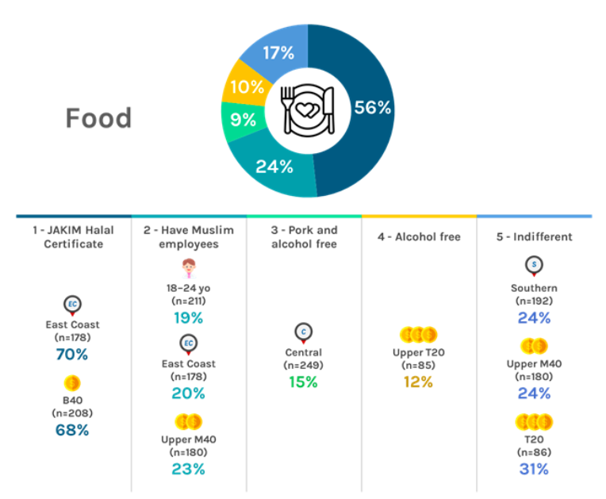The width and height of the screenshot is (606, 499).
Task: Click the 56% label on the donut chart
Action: coord(373,108)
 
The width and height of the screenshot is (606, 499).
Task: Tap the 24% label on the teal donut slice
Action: coord(274,167)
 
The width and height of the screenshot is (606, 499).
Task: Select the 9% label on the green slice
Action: coord(243,120)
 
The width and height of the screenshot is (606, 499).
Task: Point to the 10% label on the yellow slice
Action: coord(246,86)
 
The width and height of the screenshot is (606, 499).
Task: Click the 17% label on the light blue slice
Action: coord(278,54)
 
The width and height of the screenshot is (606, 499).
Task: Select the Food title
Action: coord(98,118)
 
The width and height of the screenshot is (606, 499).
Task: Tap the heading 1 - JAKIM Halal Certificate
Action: coord(74,237)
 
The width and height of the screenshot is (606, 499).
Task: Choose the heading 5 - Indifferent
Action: coord(534,236)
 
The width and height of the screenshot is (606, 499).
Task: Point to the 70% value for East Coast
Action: coord(71,355)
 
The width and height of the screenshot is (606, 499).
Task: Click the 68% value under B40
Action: coord(71,431)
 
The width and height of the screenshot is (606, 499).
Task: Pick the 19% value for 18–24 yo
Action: coord(189,318)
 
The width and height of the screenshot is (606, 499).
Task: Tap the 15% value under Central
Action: coord(303,382)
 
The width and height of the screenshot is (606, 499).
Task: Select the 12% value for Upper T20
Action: coord(418,382)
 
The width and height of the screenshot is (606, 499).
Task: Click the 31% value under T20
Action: coord(534,469)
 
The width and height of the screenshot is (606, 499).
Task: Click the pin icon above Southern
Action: coord(534,266)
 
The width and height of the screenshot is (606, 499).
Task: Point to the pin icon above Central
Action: coord(303,332)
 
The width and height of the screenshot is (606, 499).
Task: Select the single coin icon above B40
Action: coord(71,383)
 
